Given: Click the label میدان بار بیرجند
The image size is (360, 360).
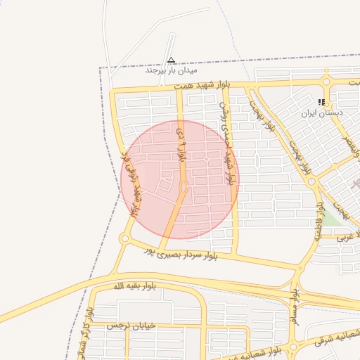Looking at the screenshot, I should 172,70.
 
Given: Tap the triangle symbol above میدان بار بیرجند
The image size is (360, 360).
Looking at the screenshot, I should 172,60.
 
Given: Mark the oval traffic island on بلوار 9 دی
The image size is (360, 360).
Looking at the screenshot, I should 184,187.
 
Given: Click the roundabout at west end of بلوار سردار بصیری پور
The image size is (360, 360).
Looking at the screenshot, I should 125,239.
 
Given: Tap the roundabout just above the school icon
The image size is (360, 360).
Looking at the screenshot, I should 326,82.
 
